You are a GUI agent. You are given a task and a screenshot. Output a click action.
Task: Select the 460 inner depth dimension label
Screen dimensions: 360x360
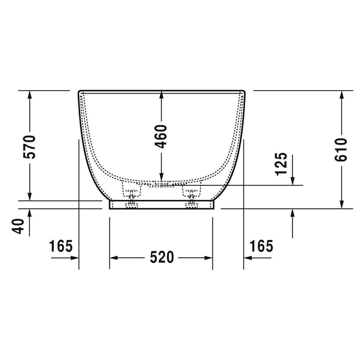point(161,136)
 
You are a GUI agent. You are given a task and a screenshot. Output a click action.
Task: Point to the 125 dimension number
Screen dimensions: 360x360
point(281,164)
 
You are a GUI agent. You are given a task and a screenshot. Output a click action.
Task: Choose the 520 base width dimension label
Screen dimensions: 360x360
point(162,257)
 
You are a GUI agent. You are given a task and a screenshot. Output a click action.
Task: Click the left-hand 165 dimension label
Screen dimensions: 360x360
point(61,246)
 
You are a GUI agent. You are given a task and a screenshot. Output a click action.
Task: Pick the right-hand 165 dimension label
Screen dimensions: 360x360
point(261,246)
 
